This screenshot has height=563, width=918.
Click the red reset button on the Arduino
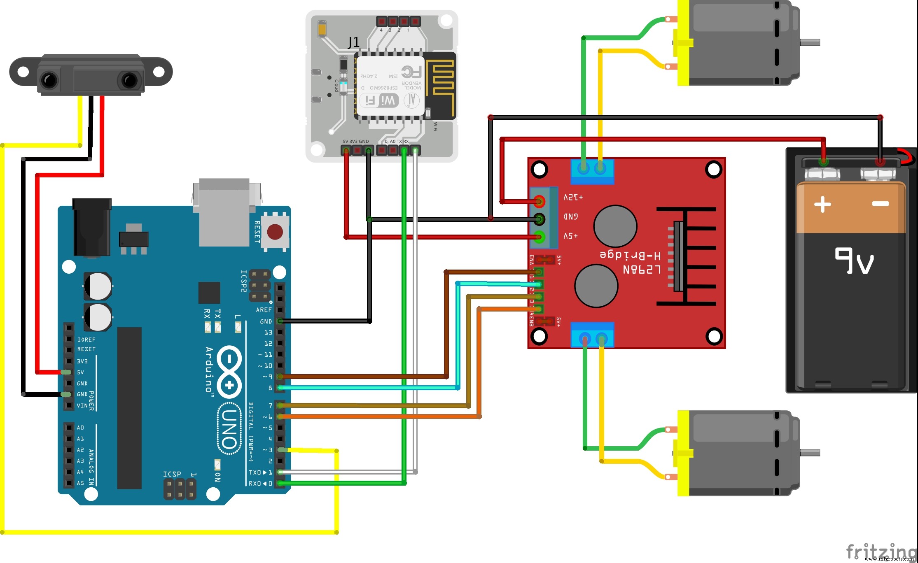(x=275, y=232)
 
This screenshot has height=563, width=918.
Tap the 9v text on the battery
(x=854, y=260)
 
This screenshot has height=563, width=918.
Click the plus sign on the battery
(x=822, y=204)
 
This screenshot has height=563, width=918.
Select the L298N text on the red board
(x=642, y=270)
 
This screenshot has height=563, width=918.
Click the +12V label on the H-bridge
(x=573, y=198)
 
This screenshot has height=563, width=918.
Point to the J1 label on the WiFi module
(x=353, y=42)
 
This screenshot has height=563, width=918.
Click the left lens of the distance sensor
(x=49, y=80)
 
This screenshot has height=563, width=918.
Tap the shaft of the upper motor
(x=810, y=42)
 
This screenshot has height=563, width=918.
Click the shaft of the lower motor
(x=810, y=452)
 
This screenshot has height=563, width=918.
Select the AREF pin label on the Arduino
(x=264, y=310)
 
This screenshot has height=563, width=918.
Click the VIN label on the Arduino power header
(x=82, y=406)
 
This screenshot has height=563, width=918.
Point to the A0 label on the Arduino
(x=80, y=428)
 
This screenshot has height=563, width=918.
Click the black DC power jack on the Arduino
(x=91, y=228)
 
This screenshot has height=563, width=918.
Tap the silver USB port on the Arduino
(x=224, y=212)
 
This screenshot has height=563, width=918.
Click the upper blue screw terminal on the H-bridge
(x=592, y=171)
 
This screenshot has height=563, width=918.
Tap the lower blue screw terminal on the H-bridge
(x=592, y=335)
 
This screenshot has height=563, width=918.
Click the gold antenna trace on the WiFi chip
(x=440, y=82)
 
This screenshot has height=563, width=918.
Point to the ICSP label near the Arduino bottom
(x=172, y=474)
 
